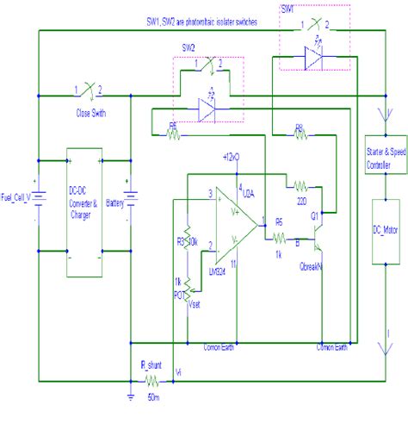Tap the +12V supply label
pyautogui.click(x=231, y=157)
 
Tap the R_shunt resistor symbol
pyautogui.click(x=151, y=380)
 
